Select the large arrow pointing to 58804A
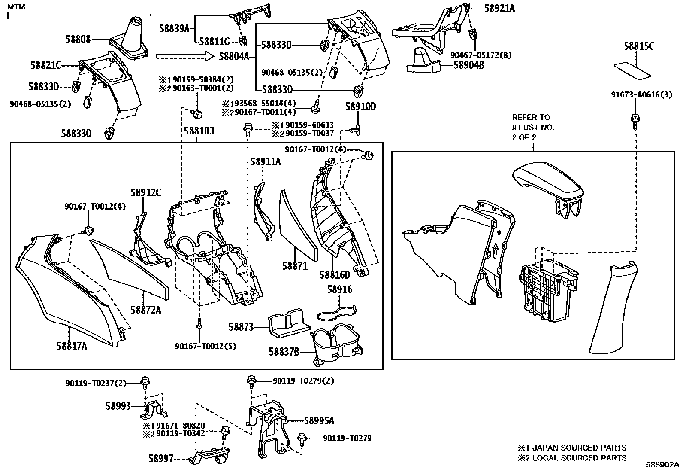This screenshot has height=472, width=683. [184, 56]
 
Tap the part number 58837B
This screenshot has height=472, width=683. [284, 352]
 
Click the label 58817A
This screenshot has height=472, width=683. [71, 345]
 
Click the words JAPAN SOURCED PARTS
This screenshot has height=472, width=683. [579, 448]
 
